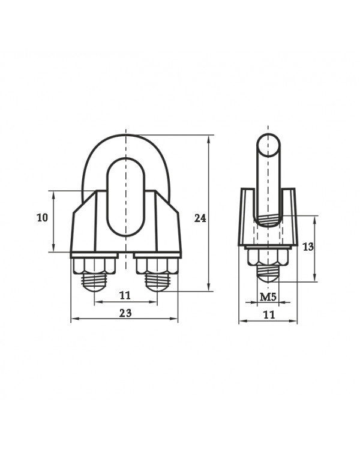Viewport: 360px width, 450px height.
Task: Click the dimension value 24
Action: (200, 218)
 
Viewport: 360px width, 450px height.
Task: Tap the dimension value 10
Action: (42, 218)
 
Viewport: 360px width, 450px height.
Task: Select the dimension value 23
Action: (125, 313)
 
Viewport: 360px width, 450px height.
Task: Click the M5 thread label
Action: (268, 297)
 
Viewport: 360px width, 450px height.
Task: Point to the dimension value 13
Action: (308, 247)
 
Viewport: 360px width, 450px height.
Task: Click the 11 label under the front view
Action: (125, 295)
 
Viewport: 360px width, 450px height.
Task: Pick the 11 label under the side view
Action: (269, 315)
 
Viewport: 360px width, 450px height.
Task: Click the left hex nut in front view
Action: (94, 266)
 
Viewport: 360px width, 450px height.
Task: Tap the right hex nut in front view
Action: (157, 266)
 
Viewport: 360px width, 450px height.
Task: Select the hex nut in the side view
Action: (268, 257)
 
